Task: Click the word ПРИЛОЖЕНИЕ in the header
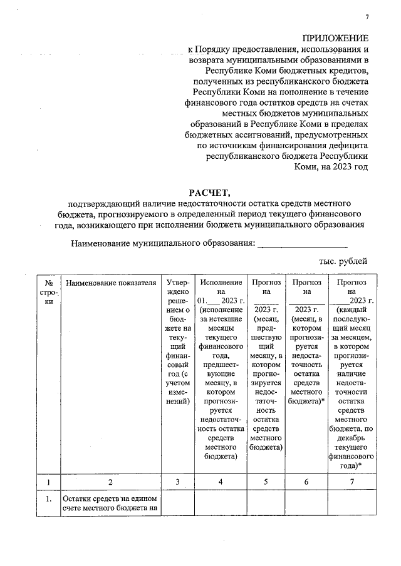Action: point(335,38)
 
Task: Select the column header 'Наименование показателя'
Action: point(110,283)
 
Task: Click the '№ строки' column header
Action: point(48,292)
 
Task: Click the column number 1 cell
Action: point(48,482)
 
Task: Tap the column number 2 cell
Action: point(110,482)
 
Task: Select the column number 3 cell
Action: point(177,482)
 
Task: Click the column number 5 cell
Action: point(266,482)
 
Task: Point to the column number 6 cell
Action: point(306,482)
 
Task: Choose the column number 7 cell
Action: point(351,482)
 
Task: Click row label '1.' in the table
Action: point(48,500)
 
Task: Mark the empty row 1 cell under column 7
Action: point(351,505)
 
